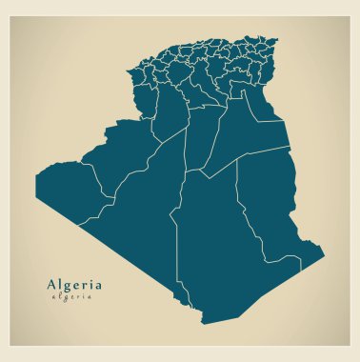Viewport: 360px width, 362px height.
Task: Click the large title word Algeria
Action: tap(72, 284)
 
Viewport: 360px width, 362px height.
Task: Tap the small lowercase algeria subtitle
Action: tap(72, 297)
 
